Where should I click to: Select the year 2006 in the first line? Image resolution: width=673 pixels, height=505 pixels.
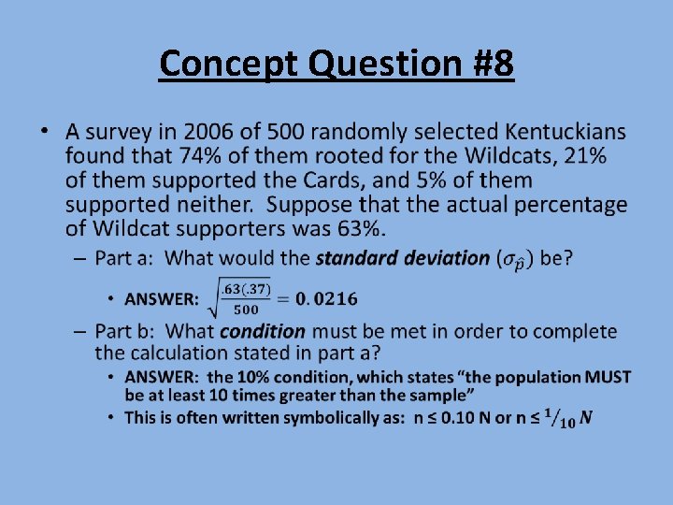click(x=211, y=133)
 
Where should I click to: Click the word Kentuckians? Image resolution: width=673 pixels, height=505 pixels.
click(x=566, y=133)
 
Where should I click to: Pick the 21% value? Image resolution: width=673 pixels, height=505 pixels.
click(x=584, y=157)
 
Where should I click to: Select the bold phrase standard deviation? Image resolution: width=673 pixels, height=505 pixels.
click(x=403, y=257)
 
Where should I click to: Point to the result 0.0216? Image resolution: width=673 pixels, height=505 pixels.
click(x=326, y=299)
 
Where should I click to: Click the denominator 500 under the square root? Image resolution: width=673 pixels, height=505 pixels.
click(x=247, y=310)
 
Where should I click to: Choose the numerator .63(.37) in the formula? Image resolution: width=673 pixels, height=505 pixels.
click(x=246, y=289)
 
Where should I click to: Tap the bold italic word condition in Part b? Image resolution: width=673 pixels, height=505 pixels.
click(x=263, y=331)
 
